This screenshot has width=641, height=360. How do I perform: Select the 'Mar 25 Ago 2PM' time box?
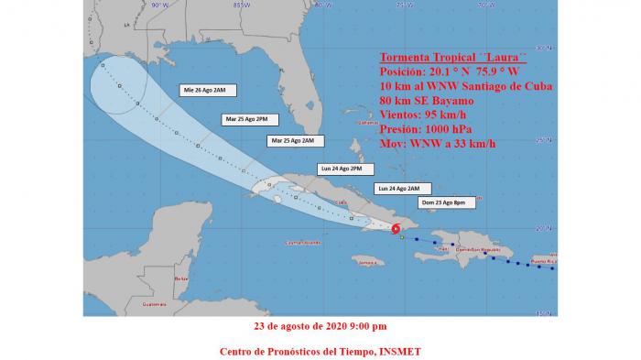tap(245, 119)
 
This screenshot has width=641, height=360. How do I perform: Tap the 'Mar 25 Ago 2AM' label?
tap(292, 140)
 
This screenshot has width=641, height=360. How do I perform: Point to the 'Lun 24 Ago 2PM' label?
tap(342, 169)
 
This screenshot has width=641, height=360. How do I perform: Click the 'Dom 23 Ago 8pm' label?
tap(440, 202)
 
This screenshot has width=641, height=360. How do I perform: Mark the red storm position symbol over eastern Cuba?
tap(396, 229)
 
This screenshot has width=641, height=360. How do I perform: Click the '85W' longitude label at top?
tap(241, 5)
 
